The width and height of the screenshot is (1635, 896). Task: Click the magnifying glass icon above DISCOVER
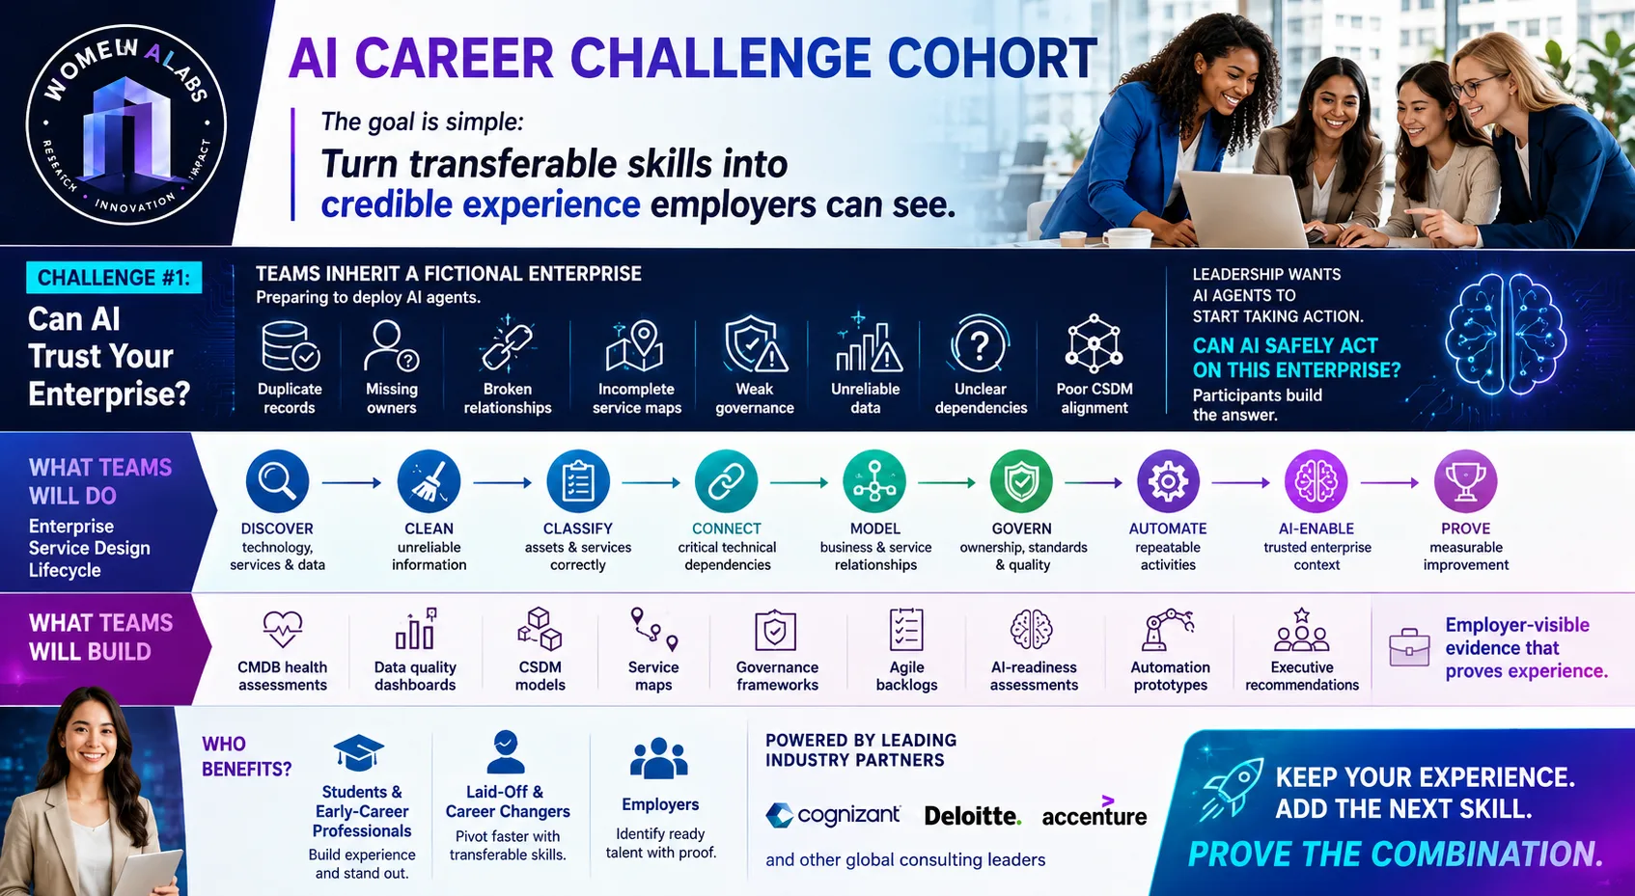(277, 481)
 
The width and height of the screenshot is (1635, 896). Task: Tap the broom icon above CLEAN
(429, 481)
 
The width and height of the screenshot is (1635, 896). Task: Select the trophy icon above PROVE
(1465, 481)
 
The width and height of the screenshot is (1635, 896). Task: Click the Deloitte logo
(972, 816)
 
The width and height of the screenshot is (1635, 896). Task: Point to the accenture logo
(1095, 812)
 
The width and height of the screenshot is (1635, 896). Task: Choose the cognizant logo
(833, 815)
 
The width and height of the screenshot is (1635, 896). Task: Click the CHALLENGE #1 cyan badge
(114, 278)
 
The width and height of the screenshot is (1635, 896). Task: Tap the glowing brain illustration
(1505, 335)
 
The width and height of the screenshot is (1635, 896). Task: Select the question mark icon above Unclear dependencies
(981, 343)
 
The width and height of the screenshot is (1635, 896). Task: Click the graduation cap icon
(358, 752)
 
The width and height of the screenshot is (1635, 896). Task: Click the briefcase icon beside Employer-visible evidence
(1409, 647)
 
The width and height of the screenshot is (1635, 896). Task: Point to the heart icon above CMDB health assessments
(283, 629)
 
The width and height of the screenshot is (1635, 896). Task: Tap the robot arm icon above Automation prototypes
(1168, 629)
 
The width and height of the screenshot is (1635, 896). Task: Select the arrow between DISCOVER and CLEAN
(352, 482)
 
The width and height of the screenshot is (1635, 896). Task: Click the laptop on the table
(1241, 208)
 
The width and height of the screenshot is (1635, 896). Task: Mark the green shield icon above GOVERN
(1021, 481)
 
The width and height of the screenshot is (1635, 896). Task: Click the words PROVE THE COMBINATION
(1396, 854)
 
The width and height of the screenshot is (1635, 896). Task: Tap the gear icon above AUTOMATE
(1168, 481)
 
